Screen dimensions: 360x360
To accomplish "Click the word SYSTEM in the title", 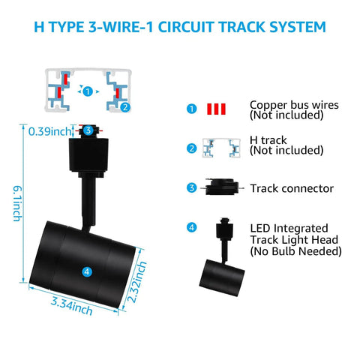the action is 298,27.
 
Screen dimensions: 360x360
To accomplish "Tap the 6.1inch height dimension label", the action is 17,203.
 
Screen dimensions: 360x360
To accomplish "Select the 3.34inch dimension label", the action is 71,306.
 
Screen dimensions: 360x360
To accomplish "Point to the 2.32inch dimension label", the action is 136,282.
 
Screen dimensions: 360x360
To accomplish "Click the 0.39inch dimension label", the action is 49,131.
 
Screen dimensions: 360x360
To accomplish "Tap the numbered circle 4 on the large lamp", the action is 87,271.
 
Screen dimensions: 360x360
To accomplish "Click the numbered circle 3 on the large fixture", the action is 88,130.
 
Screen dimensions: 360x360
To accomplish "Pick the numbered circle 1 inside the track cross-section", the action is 88,91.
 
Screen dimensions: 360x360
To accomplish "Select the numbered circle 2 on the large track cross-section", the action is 125,107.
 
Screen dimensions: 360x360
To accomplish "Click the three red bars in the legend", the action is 217,109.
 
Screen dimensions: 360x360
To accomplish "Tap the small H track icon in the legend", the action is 221,148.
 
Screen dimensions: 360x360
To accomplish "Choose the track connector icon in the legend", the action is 222,187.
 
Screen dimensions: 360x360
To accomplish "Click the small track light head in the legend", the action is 222,256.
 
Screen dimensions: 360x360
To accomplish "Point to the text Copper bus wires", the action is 294,105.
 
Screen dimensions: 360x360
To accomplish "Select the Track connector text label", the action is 292,188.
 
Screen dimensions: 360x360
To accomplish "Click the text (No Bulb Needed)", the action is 296,251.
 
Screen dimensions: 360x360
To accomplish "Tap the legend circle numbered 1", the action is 192,109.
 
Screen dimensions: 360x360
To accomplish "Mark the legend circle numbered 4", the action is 191,227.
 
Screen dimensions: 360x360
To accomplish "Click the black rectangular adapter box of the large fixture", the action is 88,154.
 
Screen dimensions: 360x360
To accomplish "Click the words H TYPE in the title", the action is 59,27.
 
